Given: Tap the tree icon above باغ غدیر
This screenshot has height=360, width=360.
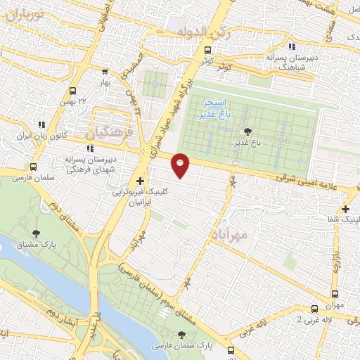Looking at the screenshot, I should (247, 131).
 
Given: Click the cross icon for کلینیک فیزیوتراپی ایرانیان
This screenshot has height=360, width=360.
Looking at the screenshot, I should (140, 181).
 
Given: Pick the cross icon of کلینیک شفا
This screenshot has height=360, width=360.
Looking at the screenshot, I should (345, 209).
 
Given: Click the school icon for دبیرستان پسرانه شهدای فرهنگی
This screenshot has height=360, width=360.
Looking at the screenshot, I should (89, 148).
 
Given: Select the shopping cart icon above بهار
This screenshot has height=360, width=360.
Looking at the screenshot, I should (105, 72).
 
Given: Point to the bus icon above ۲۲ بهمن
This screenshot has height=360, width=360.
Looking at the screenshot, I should (72, 91).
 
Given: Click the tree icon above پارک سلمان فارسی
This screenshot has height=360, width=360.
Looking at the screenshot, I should (183, 335).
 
